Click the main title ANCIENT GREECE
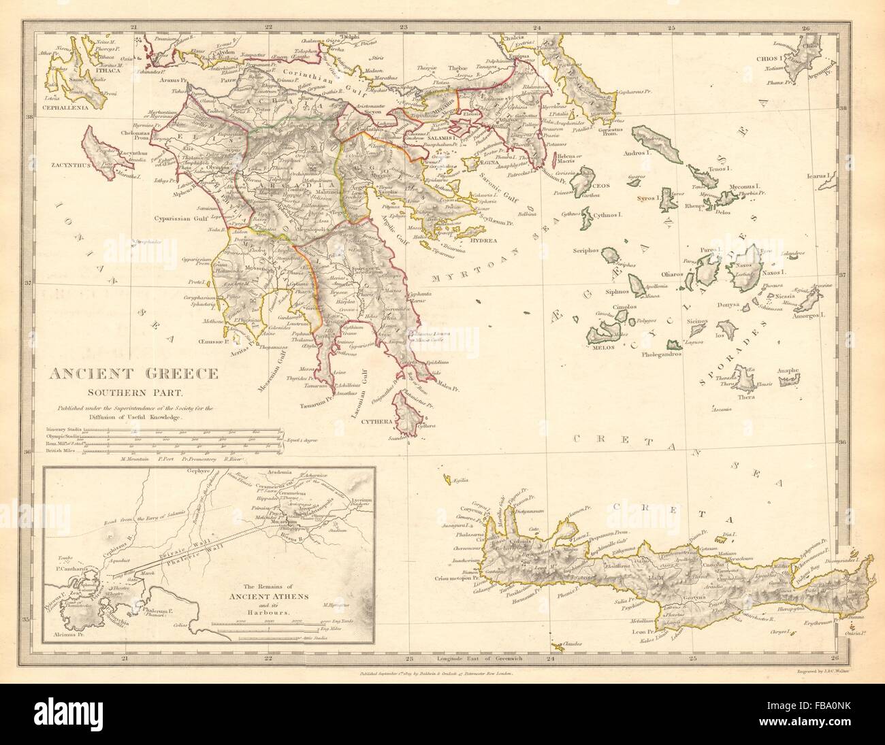[x=133, y=374]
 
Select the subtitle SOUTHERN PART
[x=133, y=392]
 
